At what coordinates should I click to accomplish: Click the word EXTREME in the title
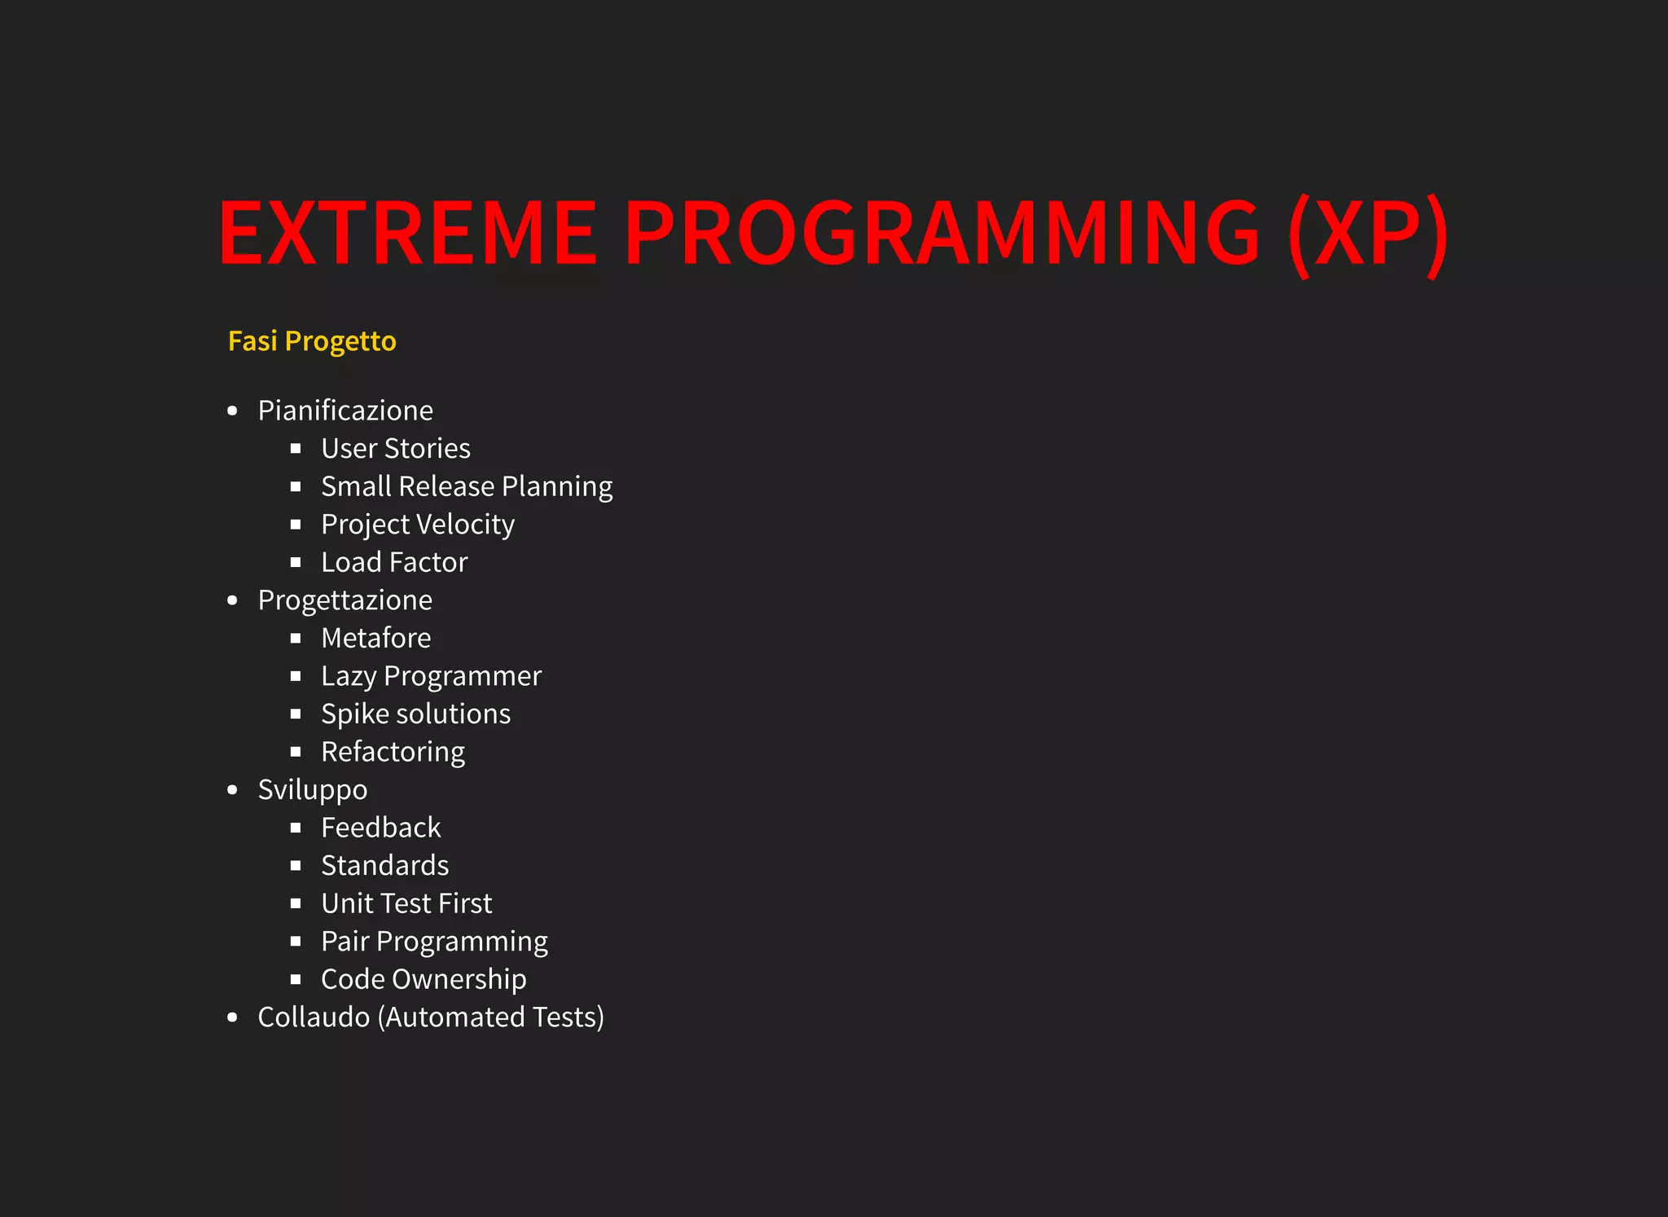click(407, 233)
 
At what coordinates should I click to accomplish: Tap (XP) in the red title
click(1368, 233)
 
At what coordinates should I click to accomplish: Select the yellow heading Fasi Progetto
click(312, 340)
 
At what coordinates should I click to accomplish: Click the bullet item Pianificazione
click(345, 411)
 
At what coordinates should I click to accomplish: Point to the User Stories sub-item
click(396, 449)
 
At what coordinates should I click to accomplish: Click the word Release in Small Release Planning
click(446, 486)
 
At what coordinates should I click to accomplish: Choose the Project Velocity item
click(418, 525)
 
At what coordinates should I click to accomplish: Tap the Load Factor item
click(394, 562)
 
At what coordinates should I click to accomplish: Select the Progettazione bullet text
click(345, 600)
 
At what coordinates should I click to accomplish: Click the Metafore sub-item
click(376, 638)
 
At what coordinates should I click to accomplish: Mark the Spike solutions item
click(415, 714)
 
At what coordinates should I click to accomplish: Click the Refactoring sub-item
click(393, 752)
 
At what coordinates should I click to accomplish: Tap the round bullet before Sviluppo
click(233, 789)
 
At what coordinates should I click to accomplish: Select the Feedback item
click(380, 828)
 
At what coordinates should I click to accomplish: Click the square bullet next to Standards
click(296, 865)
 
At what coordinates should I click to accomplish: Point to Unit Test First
click(406, 903)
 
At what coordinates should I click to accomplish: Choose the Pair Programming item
click(434, 942)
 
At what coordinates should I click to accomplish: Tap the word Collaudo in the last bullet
click(314, 1017)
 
